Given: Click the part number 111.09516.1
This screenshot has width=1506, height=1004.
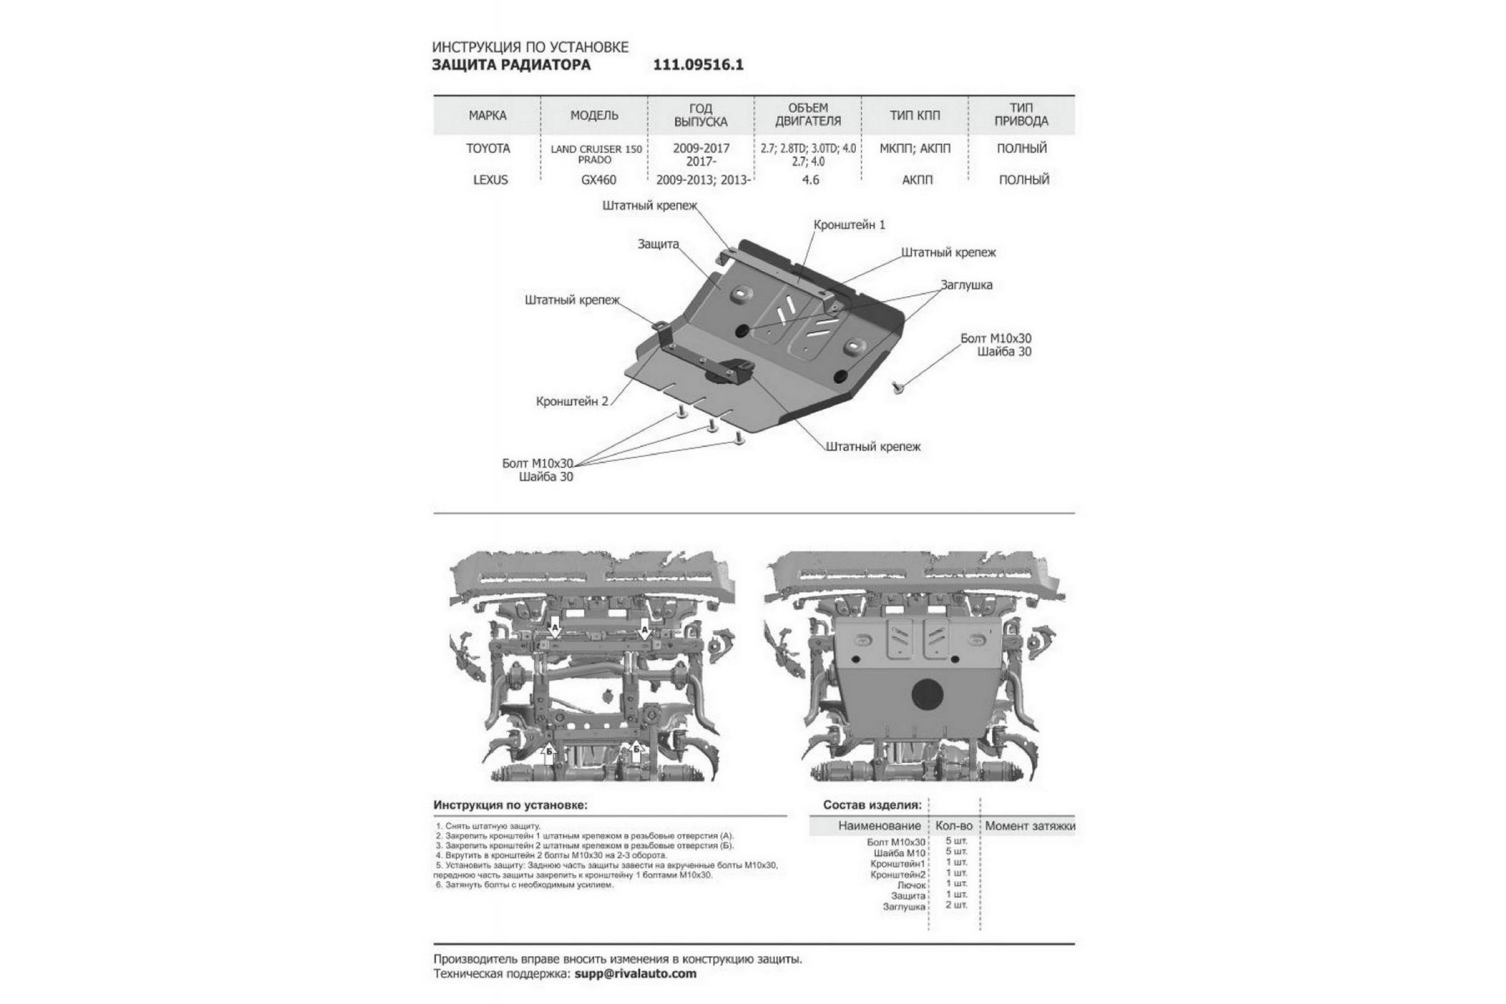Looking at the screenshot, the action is (x=698, y=65).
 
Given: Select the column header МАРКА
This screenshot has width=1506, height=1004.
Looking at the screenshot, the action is (x=488, y=115).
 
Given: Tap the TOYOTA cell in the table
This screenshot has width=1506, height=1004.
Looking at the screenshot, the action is (x=488, y=149).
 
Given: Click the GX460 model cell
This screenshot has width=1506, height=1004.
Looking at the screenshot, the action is (x=599, y=180).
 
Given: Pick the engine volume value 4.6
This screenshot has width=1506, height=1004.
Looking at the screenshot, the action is (x=811, y=180).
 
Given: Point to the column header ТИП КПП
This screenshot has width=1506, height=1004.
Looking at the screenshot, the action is (x=915, y=115).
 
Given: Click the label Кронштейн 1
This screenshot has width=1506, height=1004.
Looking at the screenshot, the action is (x=849, y=225).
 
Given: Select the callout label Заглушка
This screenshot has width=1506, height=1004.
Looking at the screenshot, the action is (x=966, y=285).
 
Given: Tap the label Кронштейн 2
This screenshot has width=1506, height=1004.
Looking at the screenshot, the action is (x=572, y=402).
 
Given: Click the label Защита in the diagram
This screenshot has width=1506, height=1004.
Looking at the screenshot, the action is (x=658, y=244).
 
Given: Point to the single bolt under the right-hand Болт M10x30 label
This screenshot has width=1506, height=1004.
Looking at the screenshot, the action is (x=897, y=386).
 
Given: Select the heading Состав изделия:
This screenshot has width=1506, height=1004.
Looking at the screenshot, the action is (x=872, y=805).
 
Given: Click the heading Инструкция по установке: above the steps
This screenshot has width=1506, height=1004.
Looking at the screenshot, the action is (x=510, y=805).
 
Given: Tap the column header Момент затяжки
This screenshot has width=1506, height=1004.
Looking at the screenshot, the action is (x=1030, y=826).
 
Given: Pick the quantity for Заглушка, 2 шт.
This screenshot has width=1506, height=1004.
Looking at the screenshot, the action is (x=956, y=905).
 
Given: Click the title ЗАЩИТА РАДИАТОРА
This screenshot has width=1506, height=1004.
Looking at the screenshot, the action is (x=511, y=65).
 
